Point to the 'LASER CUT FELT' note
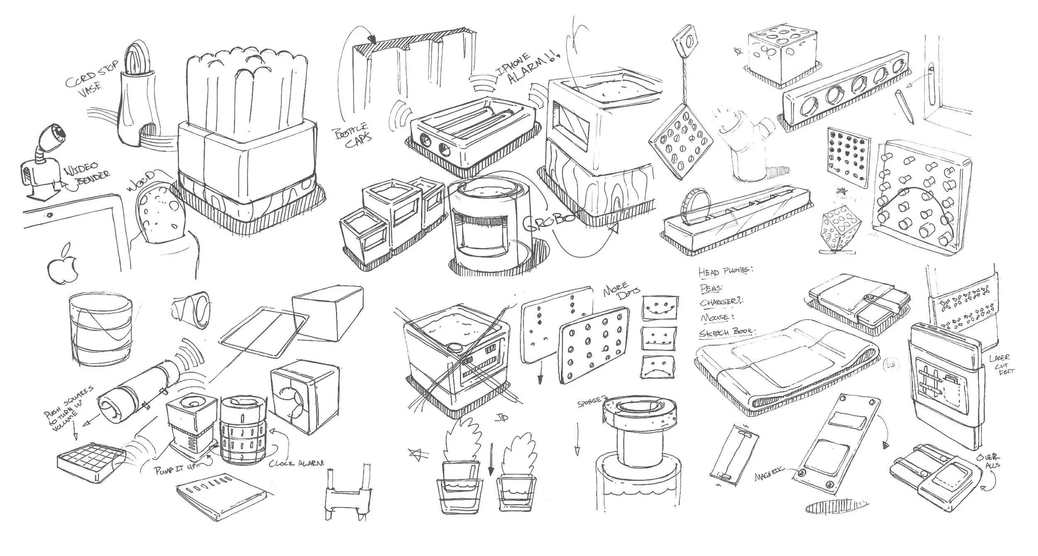point(1001,364)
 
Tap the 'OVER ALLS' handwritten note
point(992,461)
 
